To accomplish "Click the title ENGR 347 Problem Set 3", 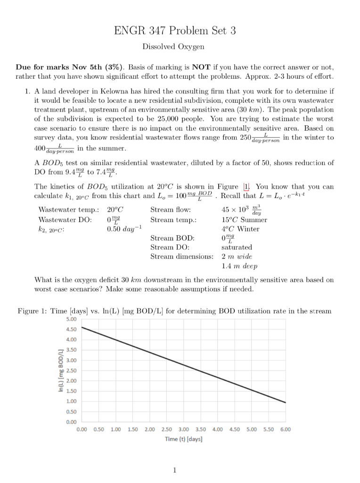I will point(175,31).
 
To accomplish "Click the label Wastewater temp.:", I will point(68,210).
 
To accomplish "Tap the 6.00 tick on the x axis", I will point(285,429).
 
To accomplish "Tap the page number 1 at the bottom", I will point(174,470).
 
